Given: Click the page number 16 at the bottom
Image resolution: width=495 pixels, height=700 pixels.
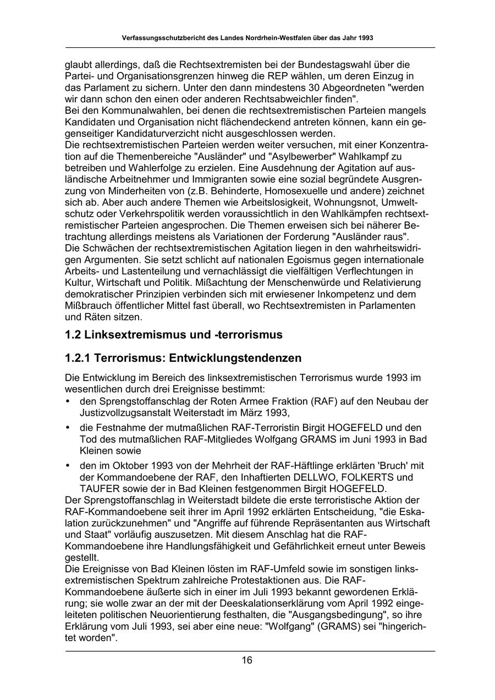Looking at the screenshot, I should point(247,660).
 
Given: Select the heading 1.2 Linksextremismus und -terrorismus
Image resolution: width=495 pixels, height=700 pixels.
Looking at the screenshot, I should point(173,335).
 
